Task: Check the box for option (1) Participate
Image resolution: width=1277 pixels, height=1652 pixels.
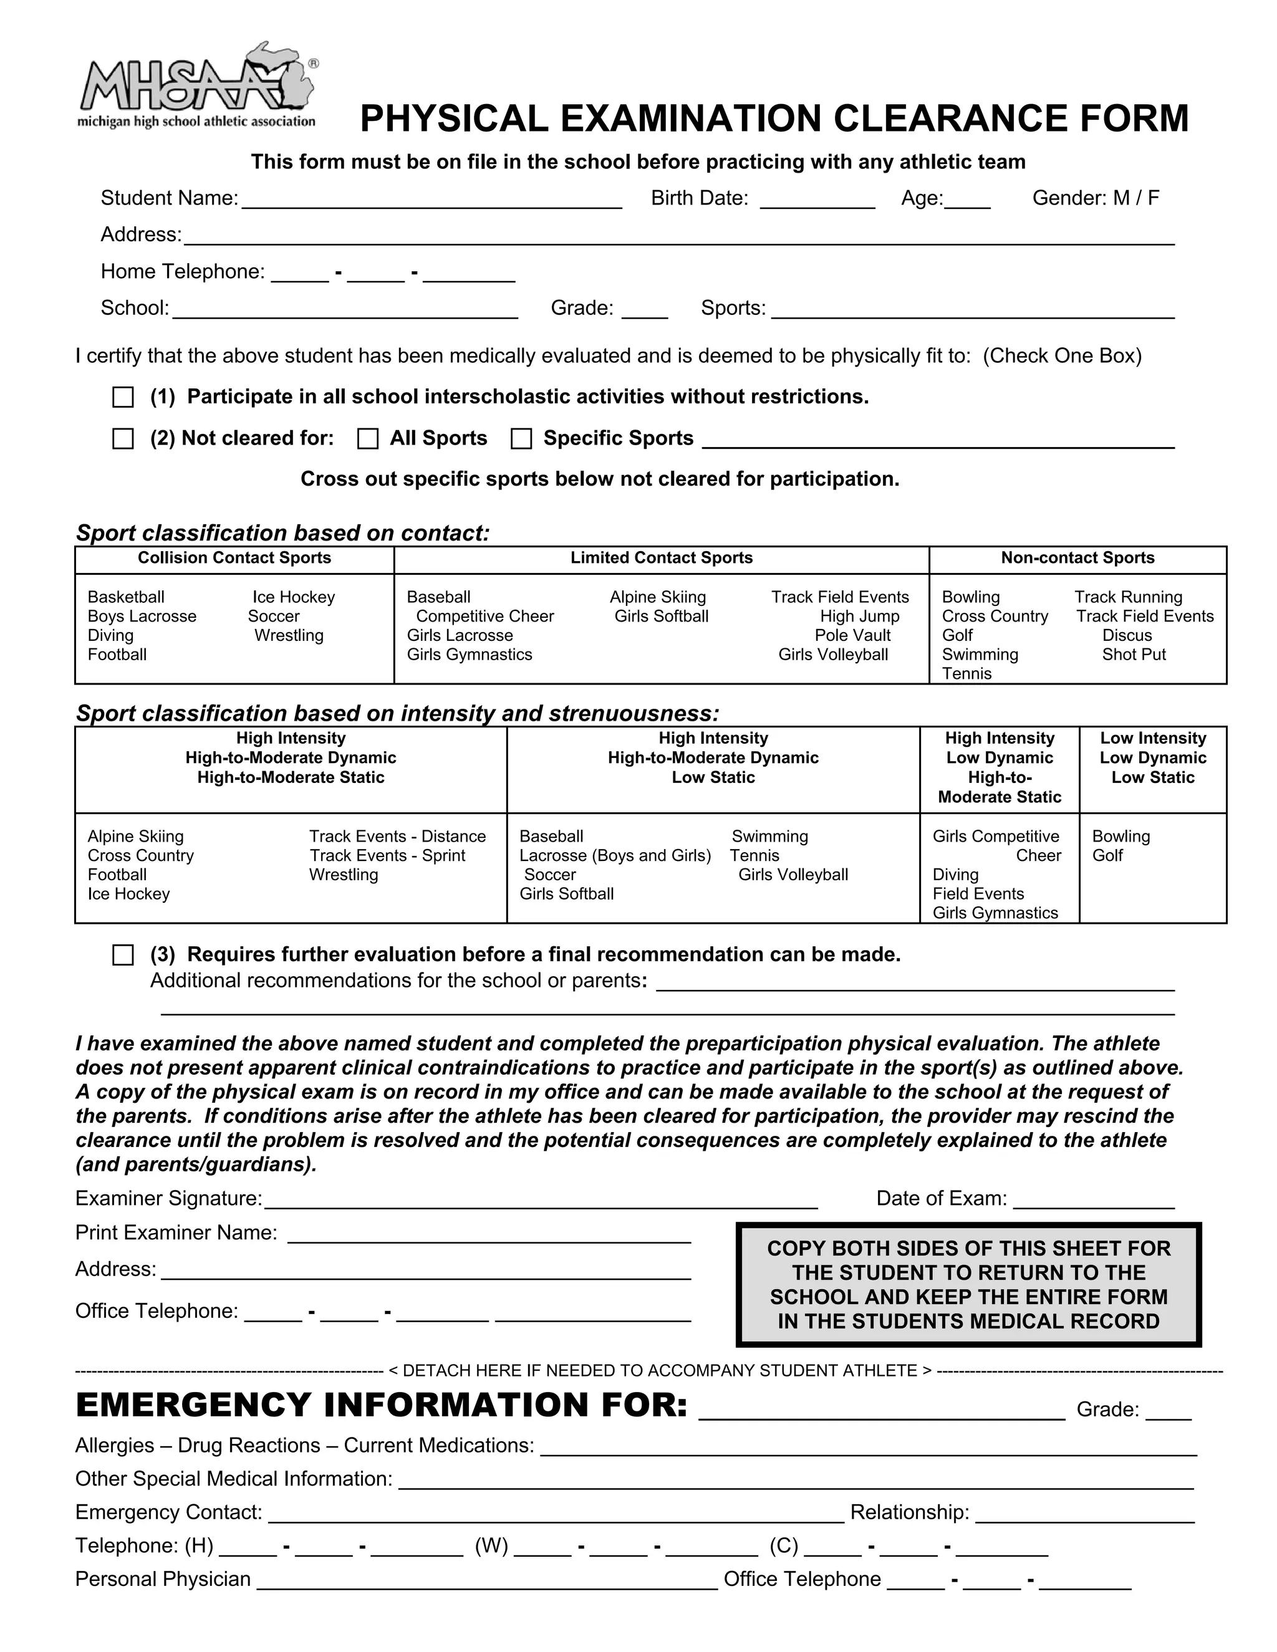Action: (x=123, y=397)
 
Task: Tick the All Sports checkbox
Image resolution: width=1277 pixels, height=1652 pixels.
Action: (x=368, y=439)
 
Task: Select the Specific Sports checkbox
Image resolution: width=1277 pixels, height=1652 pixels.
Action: (x=521, y=439)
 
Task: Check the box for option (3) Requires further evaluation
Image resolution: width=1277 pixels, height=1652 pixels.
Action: (x=123, y=954)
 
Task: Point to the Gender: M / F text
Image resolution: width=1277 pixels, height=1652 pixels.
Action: (x=1096, y=198)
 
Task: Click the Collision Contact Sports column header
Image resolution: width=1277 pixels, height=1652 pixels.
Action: (x=234, y=558)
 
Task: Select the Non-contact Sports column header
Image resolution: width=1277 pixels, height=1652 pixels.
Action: (x=1077, y=558)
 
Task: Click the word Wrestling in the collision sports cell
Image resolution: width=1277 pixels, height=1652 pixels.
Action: (x=289, y=635)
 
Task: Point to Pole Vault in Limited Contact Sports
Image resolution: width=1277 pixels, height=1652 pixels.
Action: (x=852, y=635)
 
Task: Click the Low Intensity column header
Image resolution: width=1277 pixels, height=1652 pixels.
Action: (x=1153, y=758)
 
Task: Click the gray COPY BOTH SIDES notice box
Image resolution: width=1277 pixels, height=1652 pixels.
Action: (x=968, y=1284)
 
